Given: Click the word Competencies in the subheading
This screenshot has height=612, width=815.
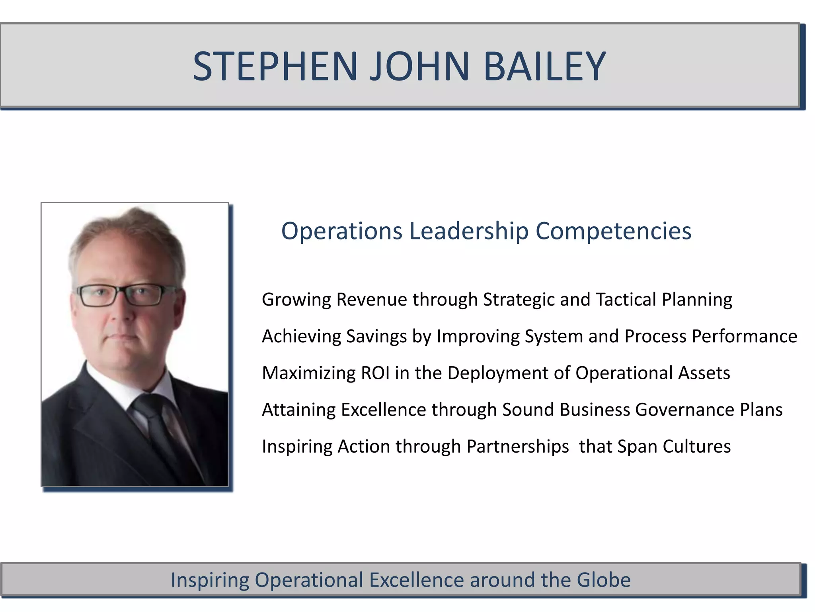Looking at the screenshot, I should coord(613,231).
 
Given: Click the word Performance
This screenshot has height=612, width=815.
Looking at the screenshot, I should coord(744,336).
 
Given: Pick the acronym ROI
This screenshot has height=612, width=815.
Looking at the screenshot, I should coord(375,373).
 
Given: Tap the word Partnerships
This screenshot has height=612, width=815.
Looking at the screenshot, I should coord(517,447).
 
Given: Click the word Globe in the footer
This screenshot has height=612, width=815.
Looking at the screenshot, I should coord(603,580).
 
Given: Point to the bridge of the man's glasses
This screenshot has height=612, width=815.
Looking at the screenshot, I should coord(121,292).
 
